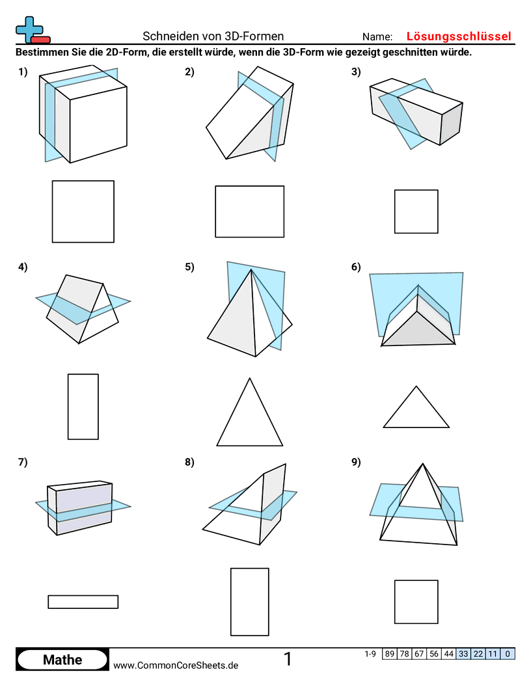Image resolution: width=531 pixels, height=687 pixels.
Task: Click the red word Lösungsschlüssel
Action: coord(459,36)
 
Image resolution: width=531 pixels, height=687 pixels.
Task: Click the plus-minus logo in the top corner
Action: coord(32,30)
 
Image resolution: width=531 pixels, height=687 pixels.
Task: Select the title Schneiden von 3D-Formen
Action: coord(213,36)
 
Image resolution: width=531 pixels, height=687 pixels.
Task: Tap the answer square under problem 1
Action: coord(83,211)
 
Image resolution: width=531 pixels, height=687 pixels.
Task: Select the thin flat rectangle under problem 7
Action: coord(83,602)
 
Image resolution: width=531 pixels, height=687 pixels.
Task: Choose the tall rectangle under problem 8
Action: coord(250,602)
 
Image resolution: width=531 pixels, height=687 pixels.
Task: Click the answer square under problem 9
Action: coord(416,602)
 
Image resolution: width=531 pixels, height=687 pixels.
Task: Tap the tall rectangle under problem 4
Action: coord(83,407)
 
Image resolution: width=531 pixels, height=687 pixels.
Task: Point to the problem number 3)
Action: coord(356,73)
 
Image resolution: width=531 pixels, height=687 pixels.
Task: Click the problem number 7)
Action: coord(23,463)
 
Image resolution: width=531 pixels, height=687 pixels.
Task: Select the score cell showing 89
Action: coord(390,654)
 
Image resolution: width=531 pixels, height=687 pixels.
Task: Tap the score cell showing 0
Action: coord(508,654)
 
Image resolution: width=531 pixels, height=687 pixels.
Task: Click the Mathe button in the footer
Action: coord(62,660)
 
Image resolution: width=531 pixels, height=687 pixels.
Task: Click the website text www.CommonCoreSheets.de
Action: coord(176,665)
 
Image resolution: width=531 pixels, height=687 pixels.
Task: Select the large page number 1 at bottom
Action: coord(288,659)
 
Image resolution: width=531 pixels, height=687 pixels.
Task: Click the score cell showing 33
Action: coord(463,654)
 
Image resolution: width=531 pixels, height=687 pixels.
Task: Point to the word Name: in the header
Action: coord(377,37)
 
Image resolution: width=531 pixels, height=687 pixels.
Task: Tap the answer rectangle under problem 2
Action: coord(250,211)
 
